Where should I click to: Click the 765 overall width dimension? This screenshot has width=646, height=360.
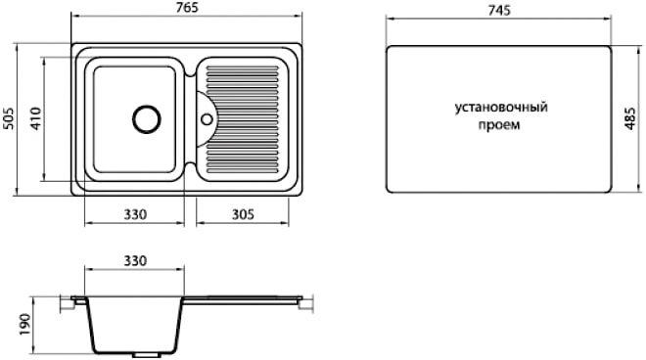pyautogui.click(x=186, y=8)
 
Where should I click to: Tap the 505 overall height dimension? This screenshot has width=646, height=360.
pyautogui.click(x=8, y=118)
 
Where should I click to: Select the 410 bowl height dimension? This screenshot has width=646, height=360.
pyautogui.click(x=36, y=118)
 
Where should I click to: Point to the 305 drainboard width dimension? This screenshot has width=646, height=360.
pyautogui.click(x=243, y=214)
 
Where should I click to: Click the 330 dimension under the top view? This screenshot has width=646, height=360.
pyautogui.click(x=135, y=214)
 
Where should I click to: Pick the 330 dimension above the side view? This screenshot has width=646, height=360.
pyautogui.click(x=135, y=261)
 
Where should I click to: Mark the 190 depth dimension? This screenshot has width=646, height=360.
pyautogui.click(x=24, y=324)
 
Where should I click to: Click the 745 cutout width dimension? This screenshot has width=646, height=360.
pyautogui.click(x=499, y=10)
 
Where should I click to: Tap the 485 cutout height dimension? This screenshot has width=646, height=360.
pyautogui.click(x=630, y=118)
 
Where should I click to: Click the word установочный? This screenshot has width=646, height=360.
pyautogui.click(x=501, y=108)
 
